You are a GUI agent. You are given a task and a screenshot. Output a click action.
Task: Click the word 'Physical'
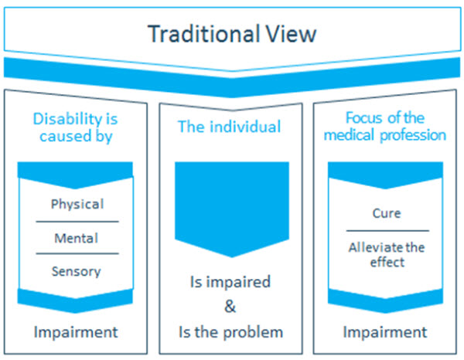pyautogui.click(x=77, y=205)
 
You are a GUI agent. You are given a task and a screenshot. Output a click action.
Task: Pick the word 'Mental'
pyautogui.click(x=76, y=238)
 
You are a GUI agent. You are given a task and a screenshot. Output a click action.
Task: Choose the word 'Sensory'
pyautogui.click(x=76, y=271)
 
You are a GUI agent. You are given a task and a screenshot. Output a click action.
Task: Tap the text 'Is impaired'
pyautogui.click(x=230, y=281)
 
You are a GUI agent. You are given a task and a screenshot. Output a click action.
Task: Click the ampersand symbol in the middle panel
pyautogui.click(x=230, y=307)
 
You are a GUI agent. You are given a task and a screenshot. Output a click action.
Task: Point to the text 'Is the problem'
pyautogui.click(x=230, y=332)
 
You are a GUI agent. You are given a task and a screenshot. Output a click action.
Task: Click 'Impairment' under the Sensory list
pyautogui.click(x=76, y=332)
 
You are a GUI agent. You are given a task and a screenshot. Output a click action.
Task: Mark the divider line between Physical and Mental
pyautogui.click(x=76, y=222)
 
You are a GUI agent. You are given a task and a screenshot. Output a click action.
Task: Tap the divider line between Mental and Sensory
pyautogui.click(x=76, y=254)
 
